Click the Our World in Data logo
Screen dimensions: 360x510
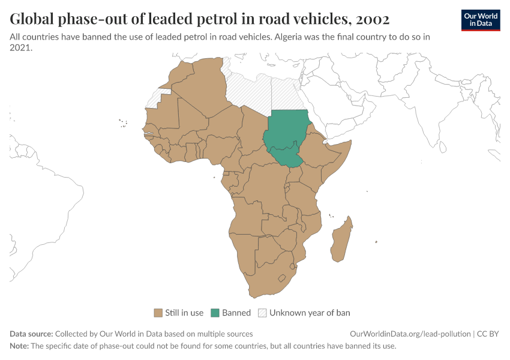click(480, 20)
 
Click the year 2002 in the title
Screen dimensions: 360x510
click(373, 19)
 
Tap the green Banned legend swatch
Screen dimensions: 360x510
click(215, 313)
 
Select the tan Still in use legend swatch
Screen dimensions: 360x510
click(158, 313)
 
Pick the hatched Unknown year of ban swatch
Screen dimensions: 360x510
click(262, 313)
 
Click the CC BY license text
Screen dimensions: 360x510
click(488, 334)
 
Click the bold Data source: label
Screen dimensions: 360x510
click(31, 334)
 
